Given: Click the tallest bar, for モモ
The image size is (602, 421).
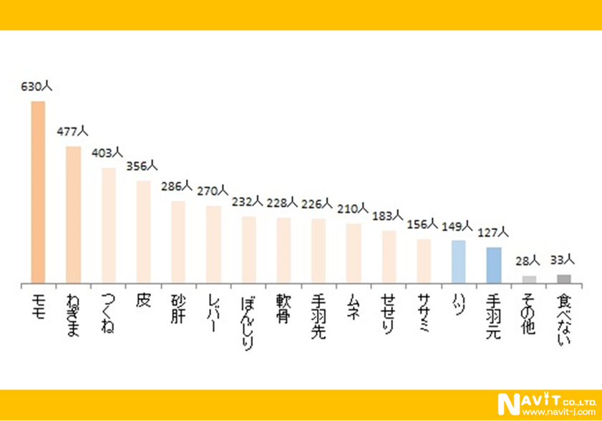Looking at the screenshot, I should pos(38,193).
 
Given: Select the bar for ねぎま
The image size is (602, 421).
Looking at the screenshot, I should pos(73,216).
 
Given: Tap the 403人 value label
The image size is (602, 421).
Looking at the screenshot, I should pos(107,153).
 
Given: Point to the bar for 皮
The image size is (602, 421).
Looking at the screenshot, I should pos(143,233).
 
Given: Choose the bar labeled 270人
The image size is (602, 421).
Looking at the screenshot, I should pos(213,246).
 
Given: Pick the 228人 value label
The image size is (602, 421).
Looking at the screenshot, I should pos(283,203).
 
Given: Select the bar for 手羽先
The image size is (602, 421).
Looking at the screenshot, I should pos(319,251).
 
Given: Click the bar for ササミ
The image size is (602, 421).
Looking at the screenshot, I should pos(424,261).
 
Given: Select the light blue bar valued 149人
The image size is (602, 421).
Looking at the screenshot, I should pos(459,262).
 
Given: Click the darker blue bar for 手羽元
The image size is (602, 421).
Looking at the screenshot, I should pos(494,266).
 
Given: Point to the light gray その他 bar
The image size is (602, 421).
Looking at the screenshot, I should pos(529,280).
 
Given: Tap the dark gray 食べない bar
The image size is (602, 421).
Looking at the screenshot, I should pos(564,279).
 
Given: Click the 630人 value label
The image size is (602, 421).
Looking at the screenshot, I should pos(37,87).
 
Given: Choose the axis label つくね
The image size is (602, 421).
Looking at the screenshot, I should pos(108,313).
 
